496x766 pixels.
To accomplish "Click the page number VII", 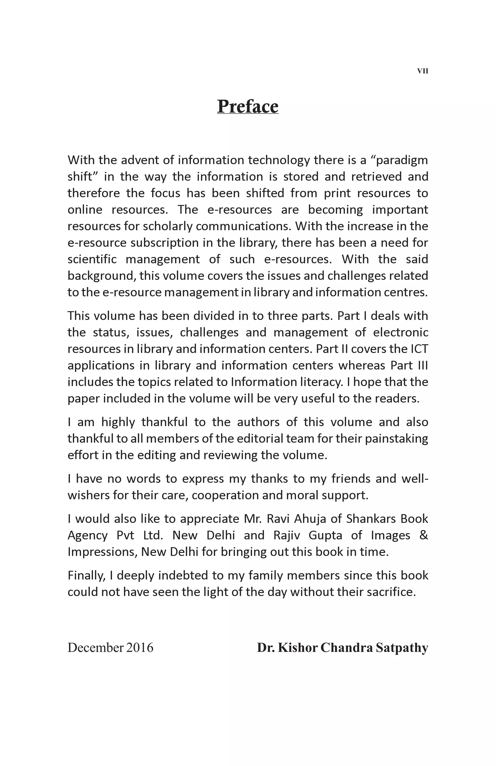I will (422, 71).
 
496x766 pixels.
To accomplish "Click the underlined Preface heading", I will (248, 107).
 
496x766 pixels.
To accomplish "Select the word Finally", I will (86, 576).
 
